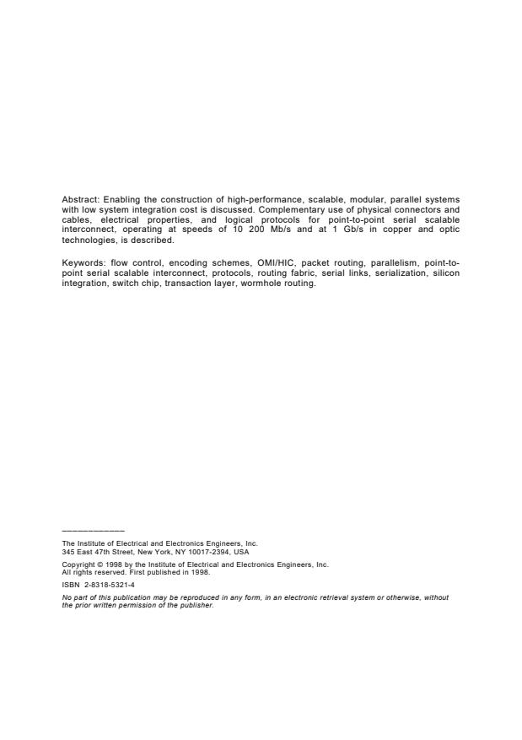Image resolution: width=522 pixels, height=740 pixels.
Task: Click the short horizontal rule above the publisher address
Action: pyautogui.click(x=93, y=531)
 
